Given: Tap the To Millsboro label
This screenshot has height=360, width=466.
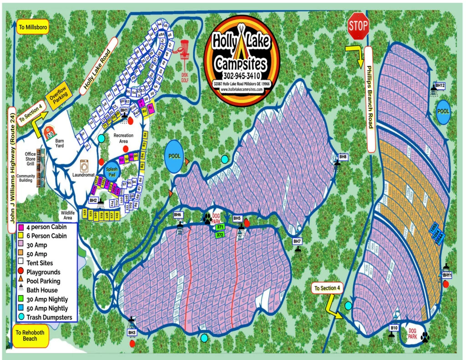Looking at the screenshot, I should tap(33, 26).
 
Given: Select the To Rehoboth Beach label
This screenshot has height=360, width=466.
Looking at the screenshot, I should tap(30, 336).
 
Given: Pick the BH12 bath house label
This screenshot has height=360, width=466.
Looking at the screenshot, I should tap(440, 86).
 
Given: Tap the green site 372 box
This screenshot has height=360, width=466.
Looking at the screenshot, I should tap(220, 235).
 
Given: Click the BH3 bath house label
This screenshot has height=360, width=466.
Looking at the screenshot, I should tap(132, 333).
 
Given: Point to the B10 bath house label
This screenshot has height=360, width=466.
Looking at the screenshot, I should tap(394, 327).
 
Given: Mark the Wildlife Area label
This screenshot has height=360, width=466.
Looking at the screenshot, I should tap(70, 215).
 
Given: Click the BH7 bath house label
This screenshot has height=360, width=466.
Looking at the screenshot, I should tap(297, 241).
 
